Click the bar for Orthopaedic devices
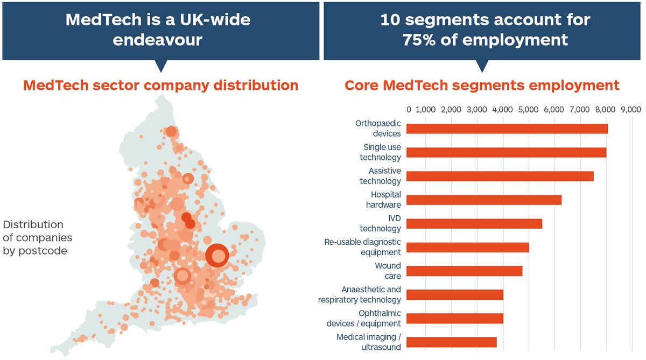tap(507, 129)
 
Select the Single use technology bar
tap(506, 152)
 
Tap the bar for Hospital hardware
tap(483, 200)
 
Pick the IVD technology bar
tap(474, 224)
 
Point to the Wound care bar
tap(464, 271)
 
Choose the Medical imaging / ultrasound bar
tap(451, 342)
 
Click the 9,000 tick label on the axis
tap(630, 110)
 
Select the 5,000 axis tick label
tap(528, 110)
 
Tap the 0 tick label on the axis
tap(409, 110)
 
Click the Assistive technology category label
tap(380, 176)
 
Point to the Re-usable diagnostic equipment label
tap(362, 247)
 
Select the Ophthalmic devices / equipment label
tap(363, 318)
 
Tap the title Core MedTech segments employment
tap(482, 86)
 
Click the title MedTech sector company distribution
tap(160, 85)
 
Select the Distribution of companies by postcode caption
tap(37, 237)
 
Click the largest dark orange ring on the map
tap(217, 256)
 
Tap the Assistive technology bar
tap(500, 176)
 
